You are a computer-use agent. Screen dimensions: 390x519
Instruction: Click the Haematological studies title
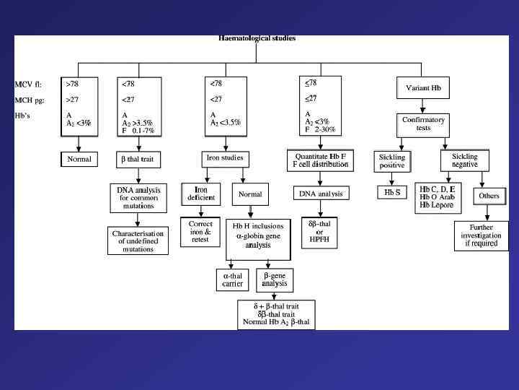(257, 38)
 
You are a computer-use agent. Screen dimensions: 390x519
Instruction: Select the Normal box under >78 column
(78, 158)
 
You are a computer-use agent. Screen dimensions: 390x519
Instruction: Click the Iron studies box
(225, 157)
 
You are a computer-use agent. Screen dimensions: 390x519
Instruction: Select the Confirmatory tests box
(423, 123)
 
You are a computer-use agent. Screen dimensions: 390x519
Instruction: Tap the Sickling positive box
(391, 161)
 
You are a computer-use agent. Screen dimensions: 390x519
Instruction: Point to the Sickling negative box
(464, 160)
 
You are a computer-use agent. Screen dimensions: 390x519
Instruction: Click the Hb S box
(391, 194)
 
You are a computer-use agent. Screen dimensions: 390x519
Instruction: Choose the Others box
(489, 196)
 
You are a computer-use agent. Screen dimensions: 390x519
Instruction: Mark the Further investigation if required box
(480, 235)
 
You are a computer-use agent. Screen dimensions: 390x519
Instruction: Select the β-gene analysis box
(275, 279)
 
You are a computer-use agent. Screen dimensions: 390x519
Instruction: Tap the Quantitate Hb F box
(321, 160)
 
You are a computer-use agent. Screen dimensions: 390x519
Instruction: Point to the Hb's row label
(25, 115)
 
